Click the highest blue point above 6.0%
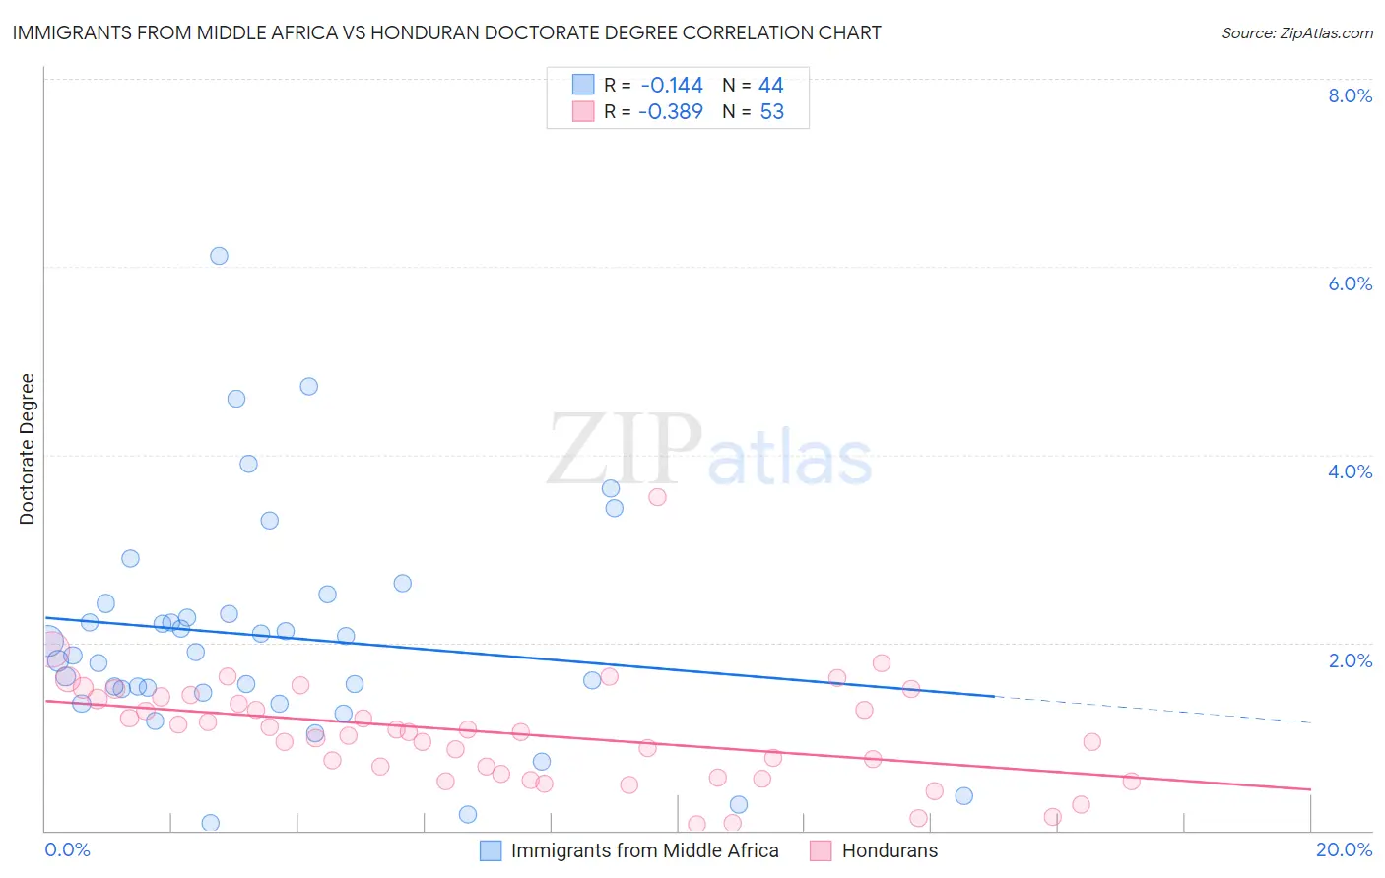click(219, 256)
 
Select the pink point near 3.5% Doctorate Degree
click(657, 497)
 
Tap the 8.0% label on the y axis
click(1350, 95)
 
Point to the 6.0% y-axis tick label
click(1350, 283)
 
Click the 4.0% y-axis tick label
click(1350, 471)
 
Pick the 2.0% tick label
click(1350, 660)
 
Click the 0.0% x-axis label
click(67, 849)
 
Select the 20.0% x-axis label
click(1344, 849)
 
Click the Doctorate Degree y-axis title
click(27, 449)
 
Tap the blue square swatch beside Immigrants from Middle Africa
click(491, 850)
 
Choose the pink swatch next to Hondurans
click(821, 850)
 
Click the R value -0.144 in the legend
click(672, 86)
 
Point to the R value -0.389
click(671, 112)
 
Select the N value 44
click(771, 86)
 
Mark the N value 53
click(772, 112)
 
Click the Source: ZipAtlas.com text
click(1296, 33)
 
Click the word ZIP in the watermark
click(623, 451)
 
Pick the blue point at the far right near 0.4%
click(963, 795)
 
